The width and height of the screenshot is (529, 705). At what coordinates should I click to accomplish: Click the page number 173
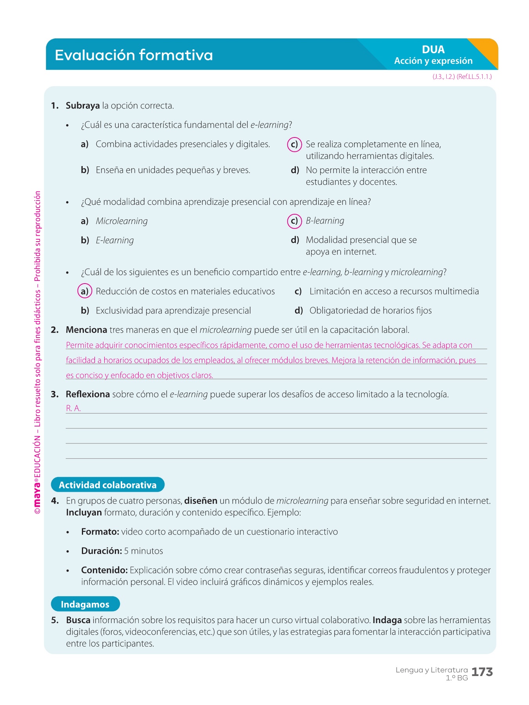coord(482,672)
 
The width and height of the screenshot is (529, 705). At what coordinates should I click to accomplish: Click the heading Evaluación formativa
coord(134,55)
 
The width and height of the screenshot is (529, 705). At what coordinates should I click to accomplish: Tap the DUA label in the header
coord(433,49)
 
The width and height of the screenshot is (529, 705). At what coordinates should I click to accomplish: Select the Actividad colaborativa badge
coord(108,485)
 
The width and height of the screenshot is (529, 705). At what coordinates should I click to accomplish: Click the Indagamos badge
coord(85,604)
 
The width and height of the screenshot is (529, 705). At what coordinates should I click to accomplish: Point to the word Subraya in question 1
coord(83,106)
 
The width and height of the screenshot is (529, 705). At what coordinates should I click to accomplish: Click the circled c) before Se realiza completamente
coord(294,145)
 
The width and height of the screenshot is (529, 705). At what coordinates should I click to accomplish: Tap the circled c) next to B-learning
coord(294,221)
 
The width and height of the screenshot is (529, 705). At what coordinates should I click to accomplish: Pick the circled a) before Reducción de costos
coord(84,291)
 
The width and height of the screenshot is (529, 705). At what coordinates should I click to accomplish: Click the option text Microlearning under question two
coord(122,221)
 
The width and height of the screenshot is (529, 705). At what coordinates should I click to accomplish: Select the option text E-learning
coord(115,240)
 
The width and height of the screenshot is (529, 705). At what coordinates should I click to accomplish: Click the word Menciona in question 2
coord(86,330)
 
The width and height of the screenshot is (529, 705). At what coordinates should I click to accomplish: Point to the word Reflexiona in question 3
coord(88,394)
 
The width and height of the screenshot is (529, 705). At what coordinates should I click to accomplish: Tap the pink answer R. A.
coord(73,409)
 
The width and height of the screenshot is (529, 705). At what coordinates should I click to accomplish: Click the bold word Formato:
coord(100,532)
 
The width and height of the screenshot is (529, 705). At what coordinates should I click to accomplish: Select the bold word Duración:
coord(101,551)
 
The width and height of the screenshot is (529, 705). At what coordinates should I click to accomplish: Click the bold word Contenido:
coord(104,570)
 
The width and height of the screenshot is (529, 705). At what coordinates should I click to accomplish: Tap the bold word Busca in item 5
coord(78,620)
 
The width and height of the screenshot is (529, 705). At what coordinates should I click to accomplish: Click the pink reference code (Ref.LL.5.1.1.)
coord(474,77)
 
